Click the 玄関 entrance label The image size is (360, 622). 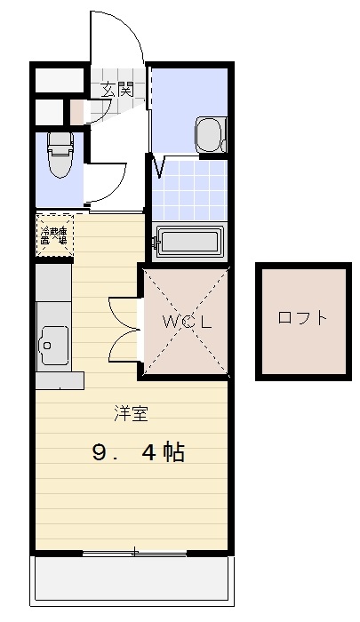pyautogui.click(x=116, y=89)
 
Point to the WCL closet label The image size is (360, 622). pyautogui.click(x=186, y=322)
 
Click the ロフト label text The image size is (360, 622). pyautogui.click(x=302, y=317)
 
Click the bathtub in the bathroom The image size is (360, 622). pyautogui.click(x=189, y=242)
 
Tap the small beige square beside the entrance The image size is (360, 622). pyautogui.click(x=77, y=111)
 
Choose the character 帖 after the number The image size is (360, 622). pyautogui.click(x=173, y=453)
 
